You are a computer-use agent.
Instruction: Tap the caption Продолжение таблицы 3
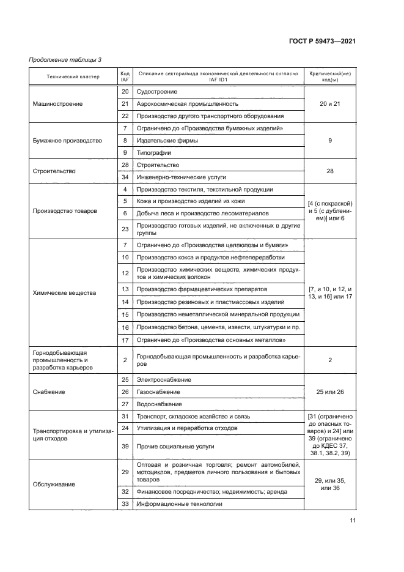coord(65,59)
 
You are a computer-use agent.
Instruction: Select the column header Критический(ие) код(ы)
coord(330,76)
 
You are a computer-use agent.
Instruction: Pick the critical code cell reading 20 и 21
coord(330,104)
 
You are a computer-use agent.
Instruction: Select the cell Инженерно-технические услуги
coord(177,177)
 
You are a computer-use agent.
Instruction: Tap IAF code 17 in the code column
coord(125,340)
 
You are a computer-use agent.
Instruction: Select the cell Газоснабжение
coord(158,392)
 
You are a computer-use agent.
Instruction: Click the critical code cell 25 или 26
coord(330,392)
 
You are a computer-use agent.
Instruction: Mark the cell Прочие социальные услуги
coord(171,447)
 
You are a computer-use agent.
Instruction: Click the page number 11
coord(353,521)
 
